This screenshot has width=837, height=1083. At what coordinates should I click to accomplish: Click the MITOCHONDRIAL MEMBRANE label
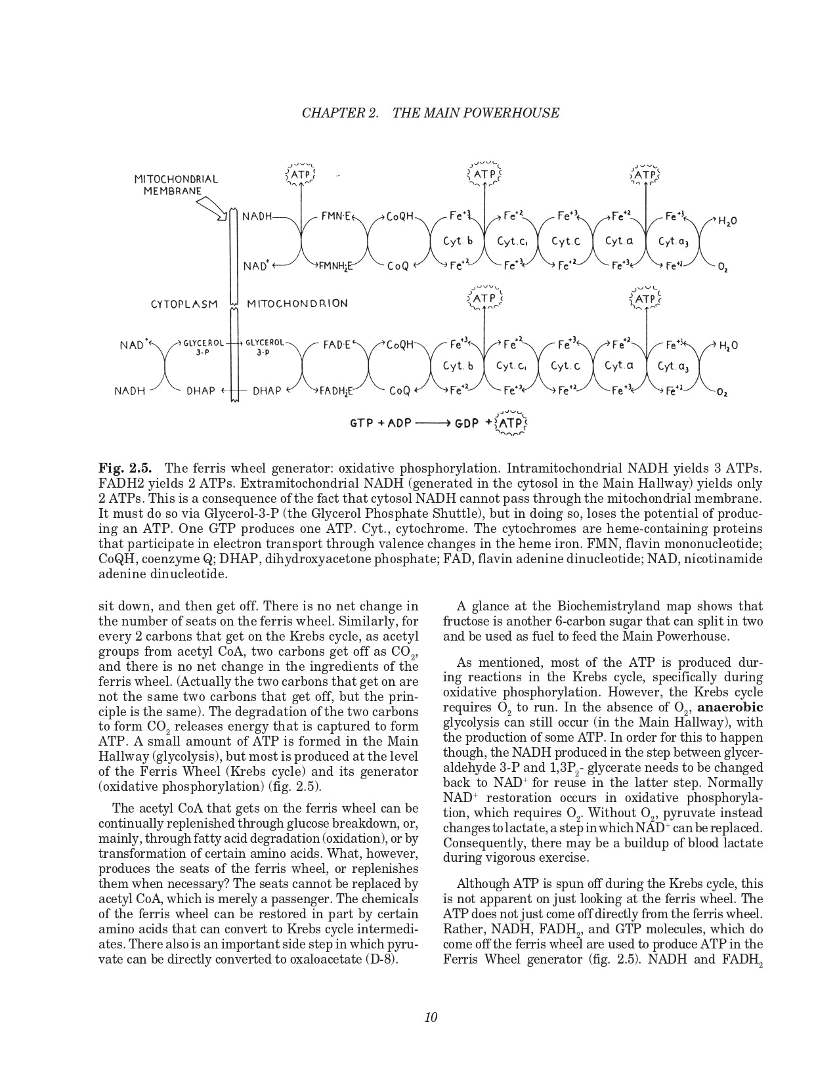coord(176,184)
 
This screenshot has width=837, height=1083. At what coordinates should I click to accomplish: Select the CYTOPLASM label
coord(184,304)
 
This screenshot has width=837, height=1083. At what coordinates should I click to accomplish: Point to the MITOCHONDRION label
coord(297,304)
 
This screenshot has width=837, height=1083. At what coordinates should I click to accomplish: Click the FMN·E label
coord(337,215)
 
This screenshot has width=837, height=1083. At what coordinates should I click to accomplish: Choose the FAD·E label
coord(337,345)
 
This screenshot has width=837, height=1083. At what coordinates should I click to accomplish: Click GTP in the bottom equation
coord(362,423)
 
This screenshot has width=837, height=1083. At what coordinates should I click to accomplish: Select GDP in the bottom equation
coord(469,423)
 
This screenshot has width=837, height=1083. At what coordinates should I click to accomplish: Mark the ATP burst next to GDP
coord(511,423)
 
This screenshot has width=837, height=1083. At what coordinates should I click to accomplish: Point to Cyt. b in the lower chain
coord(458,366)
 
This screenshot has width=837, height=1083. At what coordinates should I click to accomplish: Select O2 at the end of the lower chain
coord(722,393)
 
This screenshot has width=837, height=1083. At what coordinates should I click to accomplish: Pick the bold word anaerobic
coord(730,708)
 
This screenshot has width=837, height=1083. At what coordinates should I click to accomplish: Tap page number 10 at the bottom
coord(431,1017)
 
